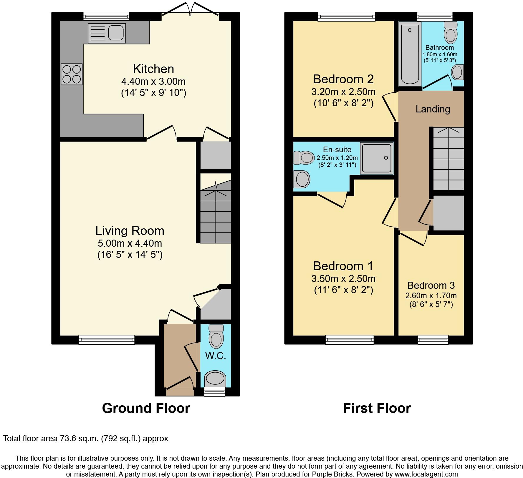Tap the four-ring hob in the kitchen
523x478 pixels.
coord(72,74)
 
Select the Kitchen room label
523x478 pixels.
coord(153,69)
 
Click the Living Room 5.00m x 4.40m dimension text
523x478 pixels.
coord(130,243)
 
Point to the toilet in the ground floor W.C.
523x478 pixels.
coord(216,336)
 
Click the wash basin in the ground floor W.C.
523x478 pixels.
coord(215,379)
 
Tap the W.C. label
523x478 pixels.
coord(216,356)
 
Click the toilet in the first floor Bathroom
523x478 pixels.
coord(451,33)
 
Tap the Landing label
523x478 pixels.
coord(433,109)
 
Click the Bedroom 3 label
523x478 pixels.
coord(431,285)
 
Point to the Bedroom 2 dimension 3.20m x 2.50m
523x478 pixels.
coord(343,92)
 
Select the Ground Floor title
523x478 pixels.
coord(146,408)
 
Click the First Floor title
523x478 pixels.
coord(377,408)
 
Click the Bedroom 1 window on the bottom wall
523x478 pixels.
coord(350,340)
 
